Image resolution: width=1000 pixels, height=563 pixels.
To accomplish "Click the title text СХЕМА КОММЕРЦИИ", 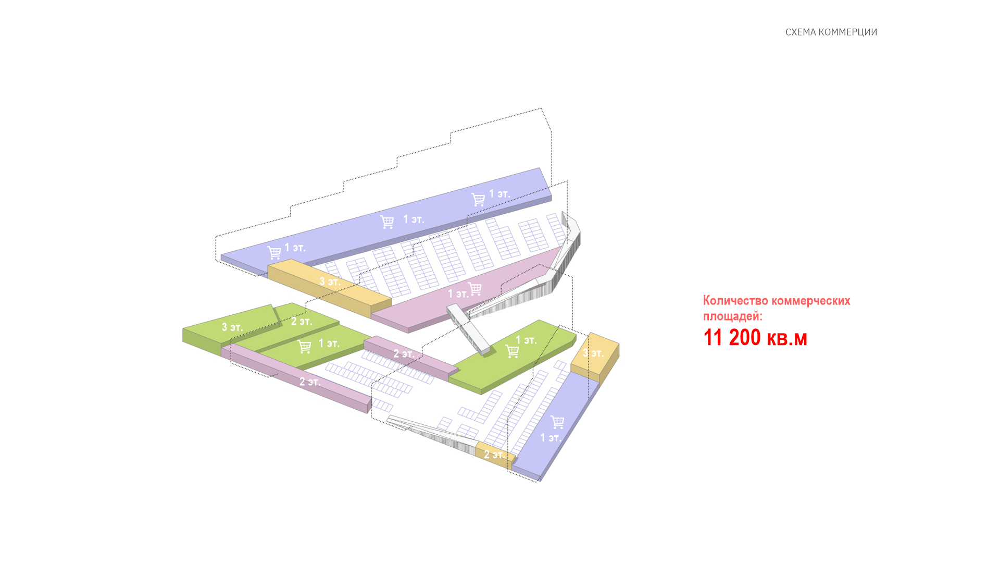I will pyautogui.click(x=831, y=32).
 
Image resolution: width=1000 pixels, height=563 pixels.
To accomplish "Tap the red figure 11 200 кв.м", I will pyautogui.click(x=755, y=338).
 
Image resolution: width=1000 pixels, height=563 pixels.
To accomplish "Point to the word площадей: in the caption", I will pyautogui.click(x=732, y=316).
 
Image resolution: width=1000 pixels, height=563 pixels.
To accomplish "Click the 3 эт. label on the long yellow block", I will pyautogui.click(x=330, y=281).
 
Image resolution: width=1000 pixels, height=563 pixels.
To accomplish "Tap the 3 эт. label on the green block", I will pyautogui.click(x=232, y=327).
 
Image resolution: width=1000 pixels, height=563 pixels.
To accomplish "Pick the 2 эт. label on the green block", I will pyautogui.click(x=302, y=322).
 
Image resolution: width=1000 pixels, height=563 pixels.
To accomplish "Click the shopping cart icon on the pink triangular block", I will pyautogui.click(x=475, y=289).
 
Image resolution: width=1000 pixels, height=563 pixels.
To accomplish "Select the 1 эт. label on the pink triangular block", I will pyautogui.click(x=458, y=294).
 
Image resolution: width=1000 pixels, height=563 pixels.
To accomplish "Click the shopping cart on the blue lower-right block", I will pyautogui.click(x=557, y=422).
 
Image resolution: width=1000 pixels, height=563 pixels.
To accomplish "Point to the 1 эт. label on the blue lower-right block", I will pyautogui.click(x=551, y=438).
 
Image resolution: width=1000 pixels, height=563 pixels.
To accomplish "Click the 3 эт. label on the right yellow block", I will pyautogui.click(x=593, y=353).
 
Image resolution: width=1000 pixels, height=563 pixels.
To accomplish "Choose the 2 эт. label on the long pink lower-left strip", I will pyautogui.click(x=310, y=382).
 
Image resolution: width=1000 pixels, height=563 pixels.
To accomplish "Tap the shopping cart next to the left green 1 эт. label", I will pyautogui.click(x=304, y=346).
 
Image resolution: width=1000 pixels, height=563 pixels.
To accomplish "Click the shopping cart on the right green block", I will pyautogui.click(x=512, y=352).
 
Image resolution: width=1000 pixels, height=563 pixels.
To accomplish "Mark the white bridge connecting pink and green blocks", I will pyautogui.click(x=468, y=329).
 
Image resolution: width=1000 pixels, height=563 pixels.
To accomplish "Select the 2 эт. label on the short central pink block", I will pyautogui.click(x=404, y=354).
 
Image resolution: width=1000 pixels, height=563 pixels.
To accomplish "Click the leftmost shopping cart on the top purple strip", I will pyautogui.click(x=274, y=253).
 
